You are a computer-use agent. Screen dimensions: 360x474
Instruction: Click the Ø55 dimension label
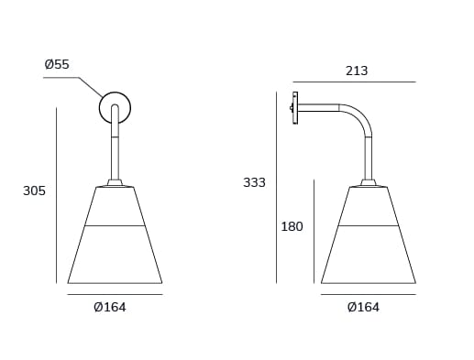pos(57,65)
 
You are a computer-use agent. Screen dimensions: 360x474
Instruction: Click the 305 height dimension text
pos(34,191)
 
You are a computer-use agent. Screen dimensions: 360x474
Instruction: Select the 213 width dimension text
pos(358,71)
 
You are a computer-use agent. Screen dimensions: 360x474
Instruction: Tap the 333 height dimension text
pos(254,182)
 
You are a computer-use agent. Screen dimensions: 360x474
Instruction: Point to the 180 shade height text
pos(292,227)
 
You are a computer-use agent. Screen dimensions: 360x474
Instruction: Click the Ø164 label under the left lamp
pos(110,308)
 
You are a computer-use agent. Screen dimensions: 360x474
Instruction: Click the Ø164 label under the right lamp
pos(364,308)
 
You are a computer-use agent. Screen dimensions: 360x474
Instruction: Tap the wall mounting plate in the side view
pos(294,108)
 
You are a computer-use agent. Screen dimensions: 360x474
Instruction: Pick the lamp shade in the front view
pos(115,247)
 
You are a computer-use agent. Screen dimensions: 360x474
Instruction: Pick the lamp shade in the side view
pos(369,247)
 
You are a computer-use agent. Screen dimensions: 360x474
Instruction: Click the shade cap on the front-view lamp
pos(115,183)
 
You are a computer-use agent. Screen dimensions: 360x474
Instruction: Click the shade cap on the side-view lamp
pos(369,183)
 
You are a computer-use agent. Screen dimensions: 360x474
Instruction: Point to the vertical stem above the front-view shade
pos(115,156)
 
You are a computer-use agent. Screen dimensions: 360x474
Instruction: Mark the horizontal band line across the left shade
pos(115,225)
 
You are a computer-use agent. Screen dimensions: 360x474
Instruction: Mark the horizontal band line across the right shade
pos(369,225)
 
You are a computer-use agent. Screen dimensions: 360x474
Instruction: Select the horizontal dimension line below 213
pos(358,82)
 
